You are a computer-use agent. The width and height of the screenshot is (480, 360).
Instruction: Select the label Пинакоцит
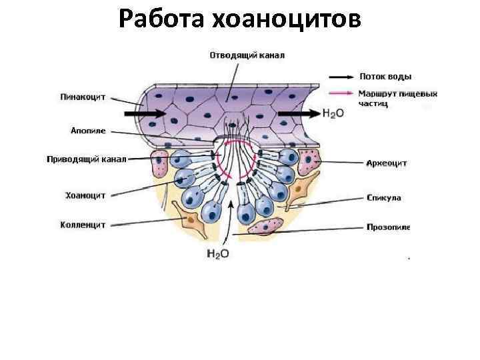click(83, 96)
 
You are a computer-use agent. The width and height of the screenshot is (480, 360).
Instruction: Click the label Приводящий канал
click(86, 159)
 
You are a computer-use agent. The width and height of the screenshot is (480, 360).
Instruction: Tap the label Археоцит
click(387, 163)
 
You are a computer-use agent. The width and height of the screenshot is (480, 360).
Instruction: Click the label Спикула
click(383, 197)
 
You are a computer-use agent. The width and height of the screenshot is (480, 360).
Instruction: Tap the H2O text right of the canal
click(333, 114)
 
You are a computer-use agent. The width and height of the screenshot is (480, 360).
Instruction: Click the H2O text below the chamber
click(217, 253)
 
